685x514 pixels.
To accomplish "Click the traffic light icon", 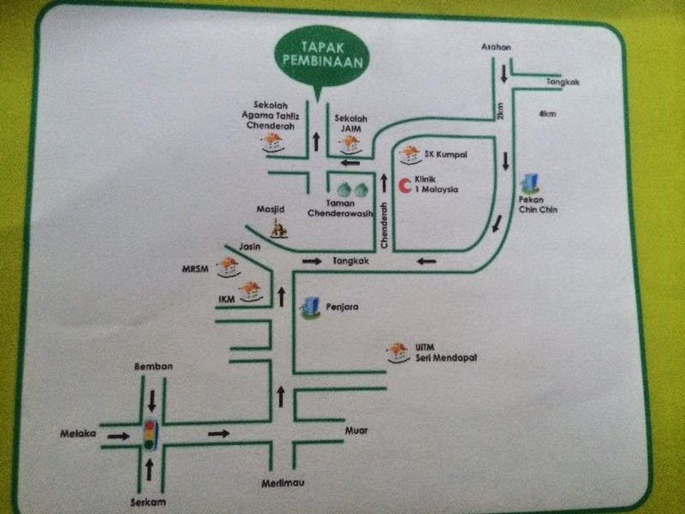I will point(151,434).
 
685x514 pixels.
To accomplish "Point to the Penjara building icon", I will point(310,307).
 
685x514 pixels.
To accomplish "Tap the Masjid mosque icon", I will point(278,228).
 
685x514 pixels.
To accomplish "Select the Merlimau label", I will point(283,485).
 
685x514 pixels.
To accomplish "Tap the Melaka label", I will point(75,433).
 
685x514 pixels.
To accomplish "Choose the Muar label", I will point(356,430).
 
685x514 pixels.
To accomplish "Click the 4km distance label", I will point(547,113).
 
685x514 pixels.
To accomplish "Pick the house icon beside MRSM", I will point(228,266).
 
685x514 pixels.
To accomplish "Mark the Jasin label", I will point(249,247).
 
